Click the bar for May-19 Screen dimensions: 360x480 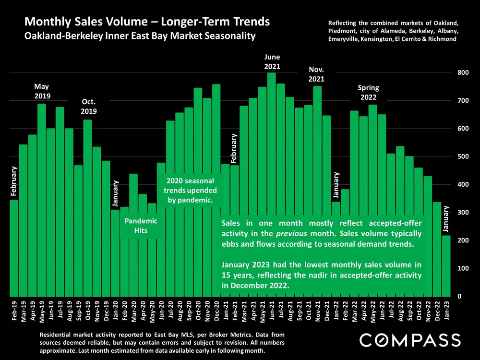click(42, 202)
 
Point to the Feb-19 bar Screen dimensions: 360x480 click(14, 250)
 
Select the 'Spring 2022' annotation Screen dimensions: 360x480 click(368, 92)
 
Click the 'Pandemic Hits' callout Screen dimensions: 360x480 click(141, 226)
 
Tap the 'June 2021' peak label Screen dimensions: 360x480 click(272, 62)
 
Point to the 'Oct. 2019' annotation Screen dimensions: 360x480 click(89, 106)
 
